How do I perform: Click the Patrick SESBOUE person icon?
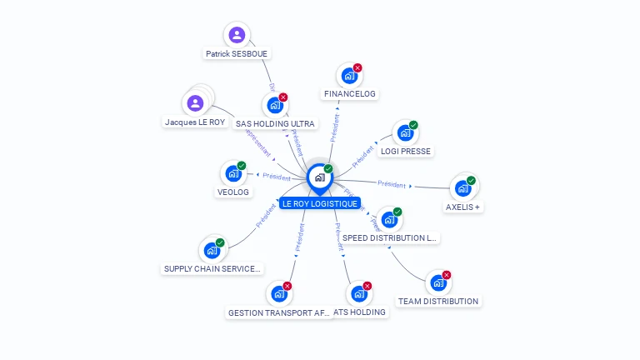pyautogui.click(x=237, y=35)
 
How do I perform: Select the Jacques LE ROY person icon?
pyautogui.click(x=195, y=103)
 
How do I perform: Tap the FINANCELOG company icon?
pyautogui.click(x=348, y=76)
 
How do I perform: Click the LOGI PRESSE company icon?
pyautogui.click(x=405, y=133)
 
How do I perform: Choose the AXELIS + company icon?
pyautogui.click(x=462, y=188)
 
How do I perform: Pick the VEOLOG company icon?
pyautogui.click(x=232, y=174)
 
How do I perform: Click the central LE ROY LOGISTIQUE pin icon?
pyautogui.click(x=319, y=177)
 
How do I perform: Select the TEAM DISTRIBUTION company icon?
pyautogui.click(x=437, y=283)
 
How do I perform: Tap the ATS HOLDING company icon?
pyautogui.click(x=359, y=294)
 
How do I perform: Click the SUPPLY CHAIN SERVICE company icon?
pyautogui.click(x=212, y=250)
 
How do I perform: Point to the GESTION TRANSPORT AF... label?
pyautogui.click(x=279, y=312)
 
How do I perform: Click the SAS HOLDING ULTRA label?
pyautogui.click(x=275, y=123)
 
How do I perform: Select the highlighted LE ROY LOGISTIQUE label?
pyautogui.click(x=319, y=203)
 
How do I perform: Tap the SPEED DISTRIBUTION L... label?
pyautogui.click(x=389, y=237)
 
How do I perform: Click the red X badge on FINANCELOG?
pyautogui.click(x=357, y=67)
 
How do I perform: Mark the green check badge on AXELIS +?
pyautogui.click(x=471, y=181)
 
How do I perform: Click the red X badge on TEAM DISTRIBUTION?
pyautogui.click(x=447, y=275)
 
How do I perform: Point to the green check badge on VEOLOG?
pyautogui.click(x=242, y=166)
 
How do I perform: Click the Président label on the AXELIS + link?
pyautogui.click(x=391, y=183)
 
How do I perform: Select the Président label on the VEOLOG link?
pyautogui.click(x=276, y=177)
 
